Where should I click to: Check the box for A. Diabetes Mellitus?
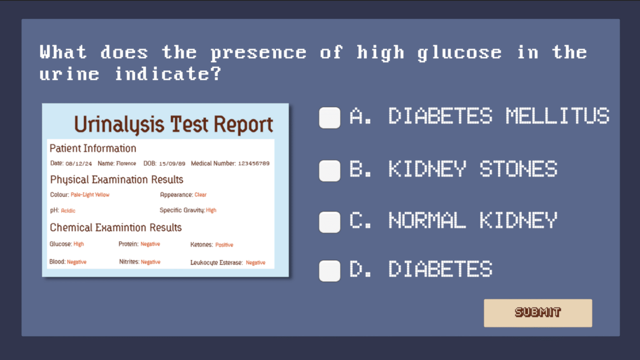pos(330,118)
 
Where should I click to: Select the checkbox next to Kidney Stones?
pos(330,171)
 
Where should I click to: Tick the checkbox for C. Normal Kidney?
pos(330,222)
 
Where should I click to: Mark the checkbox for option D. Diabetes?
pos(330,271)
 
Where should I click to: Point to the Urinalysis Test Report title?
pos(173,125)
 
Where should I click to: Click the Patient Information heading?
pos(93,148)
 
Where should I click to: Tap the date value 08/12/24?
pos(79,164)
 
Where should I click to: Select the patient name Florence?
pos(126,163)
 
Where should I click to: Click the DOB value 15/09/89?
pos(172,164)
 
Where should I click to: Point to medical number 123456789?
pos(254,163)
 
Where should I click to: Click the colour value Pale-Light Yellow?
pos(90,195)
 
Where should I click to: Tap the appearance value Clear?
pos(200,195)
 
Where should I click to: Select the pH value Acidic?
pos(68,211)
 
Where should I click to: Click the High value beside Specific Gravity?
pos(211,210)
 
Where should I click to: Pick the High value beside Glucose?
pos(79,244)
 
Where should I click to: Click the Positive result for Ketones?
pos(224,245)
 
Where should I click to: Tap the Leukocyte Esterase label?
pos(216,262)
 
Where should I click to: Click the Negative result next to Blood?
pos(77,262)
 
